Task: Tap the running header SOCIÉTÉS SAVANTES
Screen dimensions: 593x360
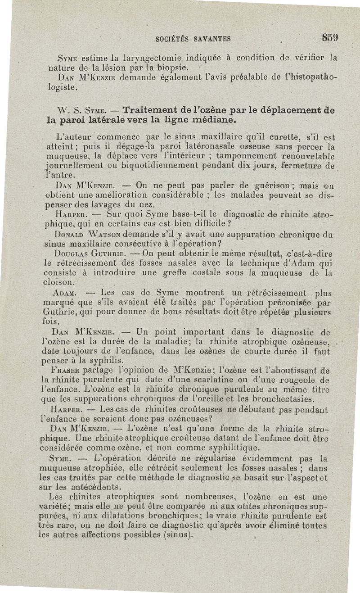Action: coord(193,39)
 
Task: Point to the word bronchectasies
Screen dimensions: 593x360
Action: coord(281,399)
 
